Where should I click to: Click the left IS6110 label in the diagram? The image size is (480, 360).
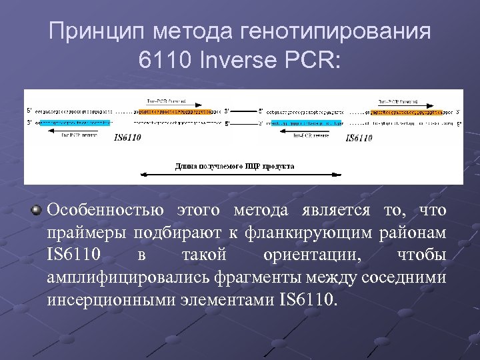[x=127, y=138]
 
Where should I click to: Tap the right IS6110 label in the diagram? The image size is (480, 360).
[x=358, y=138]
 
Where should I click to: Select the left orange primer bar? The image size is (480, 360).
[x=173, y=111]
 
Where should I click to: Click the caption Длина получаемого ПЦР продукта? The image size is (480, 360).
[x=234, y=165]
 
